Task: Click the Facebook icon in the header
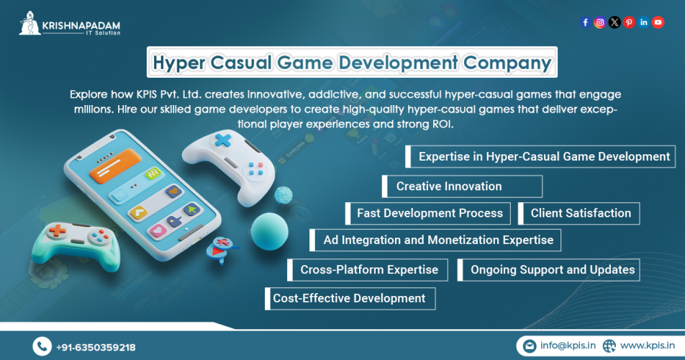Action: coord(585,22)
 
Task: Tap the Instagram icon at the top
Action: coord(599,22)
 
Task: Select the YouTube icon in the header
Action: coord(658,22)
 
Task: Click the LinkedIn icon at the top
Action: coord(643,22)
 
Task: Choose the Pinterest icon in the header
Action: coord(629,22)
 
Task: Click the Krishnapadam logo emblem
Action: coord(30,24)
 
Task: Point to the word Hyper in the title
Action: coord(178,63)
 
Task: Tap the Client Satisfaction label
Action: coord(581,213)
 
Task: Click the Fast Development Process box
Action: coord(430,213)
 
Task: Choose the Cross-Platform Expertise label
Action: coord(369,270)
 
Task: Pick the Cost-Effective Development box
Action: coord(349,298)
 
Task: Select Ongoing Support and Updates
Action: coord(553,270)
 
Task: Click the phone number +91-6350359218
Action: coord(96,348)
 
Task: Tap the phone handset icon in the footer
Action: coord(42,347)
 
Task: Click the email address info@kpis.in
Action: coord(568,346)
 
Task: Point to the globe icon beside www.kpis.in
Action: coord(609,346)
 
